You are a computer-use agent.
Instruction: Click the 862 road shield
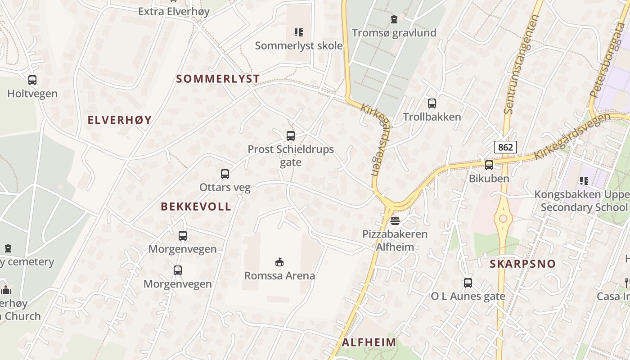click(505, 147)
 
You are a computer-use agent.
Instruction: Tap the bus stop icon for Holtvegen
click(32, 80)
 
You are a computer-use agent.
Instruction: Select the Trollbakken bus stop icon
click(432, 103)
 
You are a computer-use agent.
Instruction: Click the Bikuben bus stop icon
click(489, 165)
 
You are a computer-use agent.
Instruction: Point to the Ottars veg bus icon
click(225, 174)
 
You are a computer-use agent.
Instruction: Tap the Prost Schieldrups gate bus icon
click(291, 135)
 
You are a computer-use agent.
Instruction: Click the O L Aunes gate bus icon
click(468, 283)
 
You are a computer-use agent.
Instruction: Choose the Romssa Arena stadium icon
click(279, 262)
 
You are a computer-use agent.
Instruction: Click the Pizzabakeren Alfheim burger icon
click(395, 220)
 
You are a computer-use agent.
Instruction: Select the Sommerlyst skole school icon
click(299, 32)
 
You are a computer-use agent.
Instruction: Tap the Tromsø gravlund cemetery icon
click(394, 19)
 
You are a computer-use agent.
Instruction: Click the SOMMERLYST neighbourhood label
click(218, 79)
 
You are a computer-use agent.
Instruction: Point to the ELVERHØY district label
click(119, 120)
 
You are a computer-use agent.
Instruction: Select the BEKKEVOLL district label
click(196, 207)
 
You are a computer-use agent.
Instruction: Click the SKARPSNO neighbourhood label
click(522, 264)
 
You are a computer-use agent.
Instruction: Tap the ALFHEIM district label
click(369, 342)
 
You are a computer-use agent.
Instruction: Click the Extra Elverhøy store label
click(174, 11)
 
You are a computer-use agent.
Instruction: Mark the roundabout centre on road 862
click(503, 219)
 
